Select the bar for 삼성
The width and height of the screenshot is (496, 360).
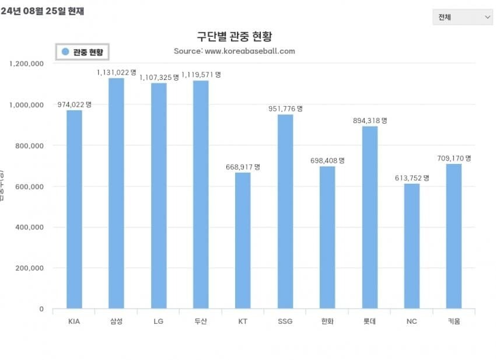pos(116,193)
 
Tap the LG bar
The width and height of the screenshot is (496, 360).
pos(159,195)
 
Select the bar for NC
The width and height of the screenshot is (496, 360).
pos(412,246)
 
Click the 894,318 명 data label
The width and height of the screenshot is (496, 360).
pos(370,120)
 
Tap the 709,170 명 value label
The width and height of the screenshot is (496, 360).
pos(454,158)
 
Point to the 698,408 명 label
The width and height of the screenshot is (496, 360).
pos(328,160)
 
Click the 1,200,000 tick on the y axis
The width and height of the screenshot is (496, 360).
pos(27,64)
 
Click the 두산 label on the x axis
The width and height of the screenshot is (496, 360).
pos(201,321)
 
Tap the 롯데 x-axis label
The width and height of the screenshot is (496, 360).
pos(370,321)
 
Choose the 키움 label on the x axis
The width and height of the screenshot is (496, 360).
pos(454,321)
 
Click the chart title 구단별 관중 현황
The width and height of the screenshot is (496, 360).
pos(234,37)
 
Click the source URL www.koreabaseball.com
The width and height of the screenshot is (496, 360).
pos(250,51)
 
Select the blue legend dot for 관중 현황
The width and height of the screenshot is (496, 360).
pos(65,52)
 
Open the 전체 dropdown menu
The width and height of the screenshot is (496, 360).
pos(463,17)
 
